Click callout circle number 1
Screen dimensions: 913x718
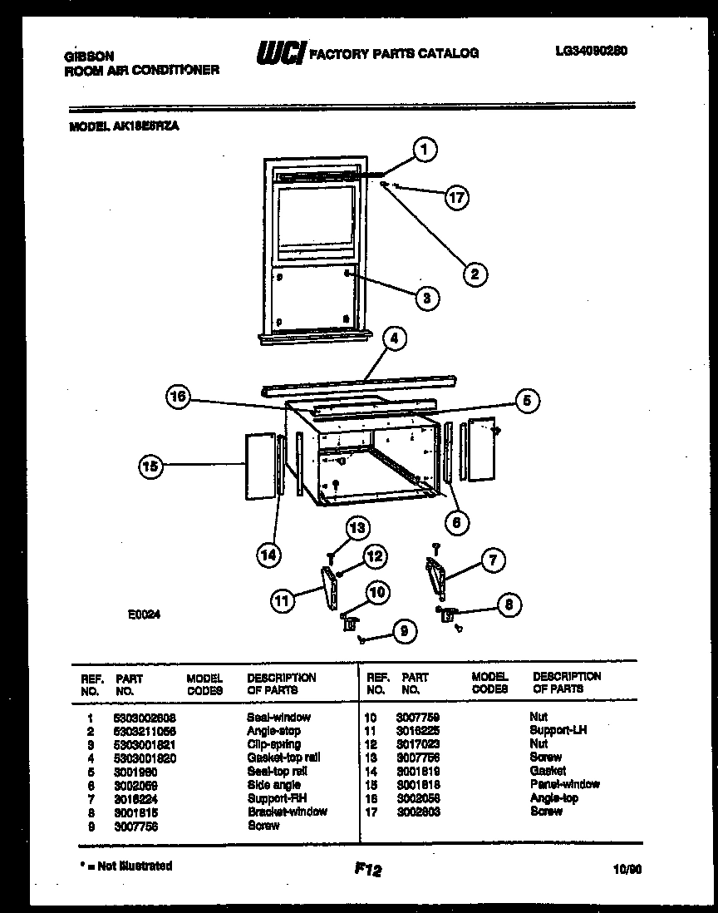tap(425, 151)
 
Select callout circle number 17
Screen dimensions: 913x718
tap(456, 197)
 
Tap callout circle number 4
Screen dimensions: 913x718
tap(394, 338)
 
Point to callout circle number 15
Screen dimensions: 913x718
tap(150, 467)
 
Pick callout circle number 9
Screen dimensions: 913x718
tap(403, 632)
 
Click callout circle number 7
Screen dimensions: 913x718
tap(493, 560)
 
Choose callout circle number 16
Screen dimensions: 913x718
tap(177, 397)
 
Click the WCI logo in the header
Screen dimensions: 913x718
tap(281, 53)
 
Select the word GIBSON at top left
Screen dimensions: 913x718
tap(90, 57)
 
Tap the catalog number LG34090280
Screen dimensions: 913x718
tap(591, 51)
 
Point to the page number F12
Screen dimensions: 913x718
tap(366, 871)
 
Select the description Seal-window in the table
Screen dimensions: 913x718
tap(278, 717)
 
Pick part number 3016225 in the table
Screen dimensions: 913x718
tap(420, 730)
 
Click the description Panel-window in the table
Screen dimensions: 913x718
tap(564, 784)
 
